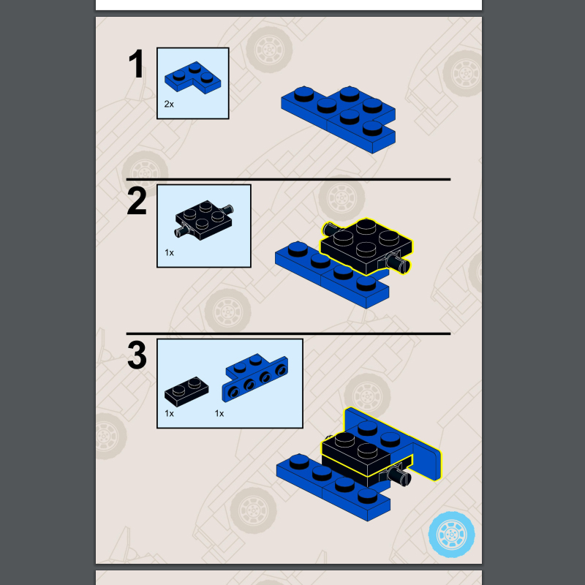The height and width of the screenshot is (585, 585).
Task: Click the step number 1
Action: click(137, 65)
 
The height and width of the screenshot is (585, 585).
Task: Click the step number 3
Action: click(137, 356)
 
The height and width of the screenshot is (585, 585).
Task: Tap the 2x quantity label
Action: click(169, 105)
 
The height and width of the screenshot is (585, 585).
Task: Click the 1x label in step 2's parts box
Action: click(169, 252)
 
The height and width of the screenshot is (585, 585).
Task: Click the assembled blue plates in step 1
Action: click(339, 117)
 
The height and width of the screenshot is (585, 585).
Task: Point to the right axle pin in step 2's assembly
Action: click(401, 262)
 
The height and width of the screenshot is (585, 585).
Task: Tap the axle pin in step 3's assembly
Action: click(400, 476)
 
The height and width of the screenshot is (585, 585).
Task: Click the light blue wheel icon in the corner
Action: click(451, 534)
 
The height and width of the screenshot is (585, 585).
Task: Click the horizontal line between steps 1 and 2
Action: click(288, 179)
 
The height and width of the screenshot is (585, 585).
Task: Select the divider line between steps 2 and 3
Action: click(288, 333)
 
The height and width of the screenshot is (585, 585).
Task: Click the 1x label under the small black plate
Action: click(169, 413)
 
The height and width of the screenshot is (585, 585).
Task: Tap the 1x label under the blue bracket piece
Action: click(219, 413)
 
